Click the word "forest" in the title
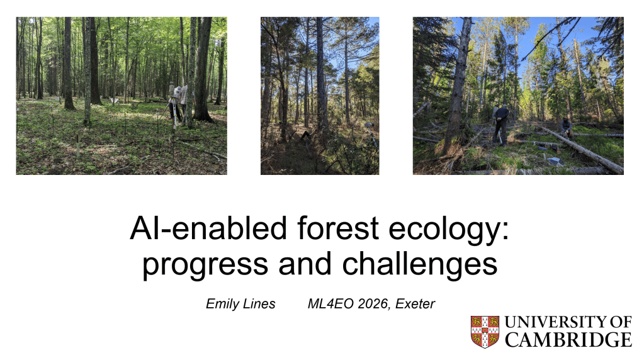[x=337, y=228]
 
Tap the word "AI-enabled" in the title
[x=208, y=228]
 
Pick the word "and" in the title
[x=305, y=263]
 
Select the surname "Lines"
[x=259, y=304]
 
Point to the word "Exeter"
[x=415, y=304]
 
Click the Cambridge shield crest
[x=485, y=332]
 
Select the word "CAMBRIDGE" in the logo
[x=568, y=340]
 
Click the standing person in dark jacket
[x=500, y=124]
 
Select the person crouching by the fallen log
[x=567, y=128]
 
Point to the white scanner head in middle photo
[x=368, y=125]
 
